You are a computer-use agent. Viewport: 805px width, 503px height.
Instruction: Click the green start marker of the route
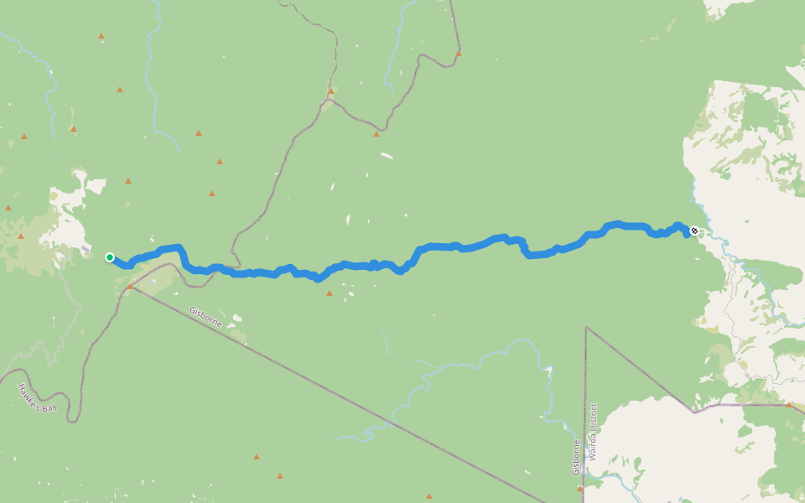[x=110, y=257]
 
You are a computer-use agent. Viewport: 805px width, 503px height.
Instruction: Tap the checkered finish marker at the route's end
[x=694, y=231]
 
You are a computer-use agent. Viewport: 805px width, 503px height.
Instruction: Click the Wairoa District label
[x=592, y=432]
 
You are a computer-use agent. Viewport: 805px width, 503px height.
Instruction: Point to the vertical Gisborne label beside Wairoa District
[x=577, y=457]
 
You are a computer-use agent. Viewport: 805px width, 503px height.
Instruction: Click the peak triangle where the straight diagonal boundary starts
[x=129, y=287]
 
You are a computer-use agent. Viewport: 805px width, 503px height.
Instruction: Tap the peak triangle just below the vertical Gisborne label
[x=579, y=488]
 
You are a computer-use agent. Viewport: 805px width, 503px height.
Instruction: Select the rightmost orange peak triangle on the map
[x=788, y=405]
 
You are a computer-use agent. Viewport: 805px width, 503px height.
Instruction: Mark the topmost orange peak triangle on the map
[x=101, y=36]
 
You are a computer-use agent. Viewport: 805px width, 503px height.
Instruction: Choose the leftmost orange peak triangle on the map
[x=8, y=207]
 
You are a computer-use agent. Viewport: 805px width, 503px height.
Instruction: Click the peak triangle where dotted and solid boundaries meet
[x=331, y=91]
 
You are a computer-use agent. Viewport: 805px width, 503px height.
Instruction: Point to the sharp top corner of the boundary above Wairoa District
[x=585, y=328]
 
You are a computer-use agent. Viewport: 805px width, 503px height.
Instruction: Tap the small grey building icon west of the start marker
[x=87, y=248]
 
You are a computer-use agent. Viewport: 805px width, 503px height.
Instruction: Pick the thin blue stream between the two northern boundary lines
[x=392, y=50]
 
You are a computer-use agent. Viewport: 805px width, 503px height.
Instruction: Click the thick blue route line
[x=470, y=246]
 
